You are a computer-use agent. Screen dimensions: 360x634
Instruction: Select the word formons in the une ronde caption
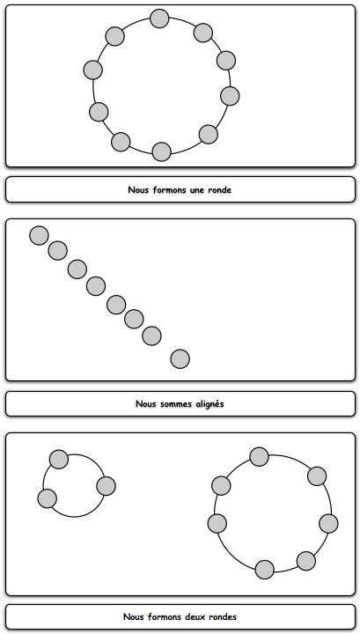(167, 189)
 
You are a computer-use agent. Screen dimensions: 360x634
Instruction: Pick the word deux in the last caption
(195, 616)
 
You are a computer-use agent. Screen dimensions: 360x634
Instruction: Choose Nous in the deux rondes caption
(133, 616)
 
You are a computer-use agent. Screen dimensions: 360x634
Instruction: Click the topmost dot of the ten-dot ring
(159, 18)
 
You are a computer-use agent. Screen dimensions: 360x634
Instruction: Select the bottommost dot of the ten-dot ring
(162, 151)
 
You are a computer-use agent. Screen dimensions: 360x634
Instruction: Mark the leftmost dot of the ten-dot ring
(93, 70)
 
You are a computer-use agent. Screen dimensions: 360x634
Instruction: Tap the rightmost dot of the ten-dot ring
(230, 96)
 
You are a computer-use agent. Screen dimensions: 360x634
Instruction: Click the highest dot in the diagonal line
(40, 235)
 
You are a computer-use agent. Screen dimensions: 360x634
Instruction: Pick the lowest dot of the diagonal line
(180, 359)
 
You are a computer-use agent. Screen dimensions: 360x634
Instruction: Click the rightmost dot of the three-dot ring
(107, 486)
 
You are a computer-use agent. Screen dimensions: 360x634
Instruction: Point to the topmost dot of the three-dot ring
(59, 460)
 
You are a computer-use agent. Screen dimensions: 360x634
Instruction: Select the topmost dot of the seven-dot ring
(260, 457)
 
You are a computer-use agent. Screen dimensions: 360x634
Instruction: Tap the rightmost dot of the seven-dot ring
(328, 524)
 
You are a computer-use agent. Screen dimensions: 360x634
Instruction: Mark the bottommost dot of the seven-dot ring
(265, 570)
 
